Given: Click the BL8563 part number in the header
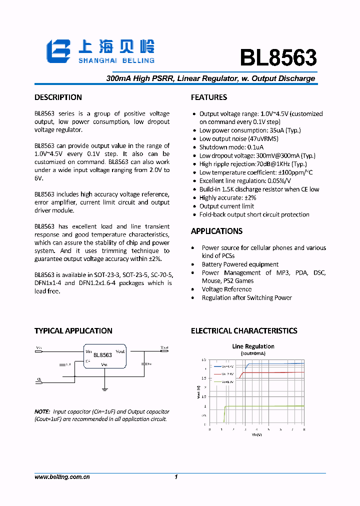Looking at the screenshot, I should (x=278, y=58).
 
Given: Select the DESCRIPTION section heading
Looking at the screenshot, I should (x=58, y=97).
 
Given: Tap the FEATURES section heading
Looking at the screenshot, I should (x=209, y=97).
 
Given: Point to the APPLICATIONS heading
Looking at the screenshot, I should (x=216, y=231).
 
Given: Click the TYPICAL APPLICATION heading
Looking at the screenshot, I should (x=73, y=331).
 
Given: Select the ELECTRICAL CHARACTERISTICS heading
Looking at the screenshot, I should (x=244, y=331).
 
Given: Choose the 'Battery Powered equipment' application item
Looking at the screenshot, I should (x=240, y=264).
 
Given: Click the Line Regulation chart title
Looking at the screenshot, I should (x=253, y=346).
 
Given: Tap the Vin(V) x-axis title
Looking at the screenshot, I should (x=256, y=434).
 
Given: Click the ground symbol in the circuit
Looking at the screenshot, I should (x=105, y=388).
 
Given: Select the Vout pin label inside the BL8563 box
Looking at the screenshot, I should (x=120, y=351).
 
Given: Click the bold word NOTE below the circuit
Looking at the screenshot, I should (x=42, y=412).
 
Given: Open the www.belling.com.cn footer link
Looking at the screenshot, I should (x=62, y=477).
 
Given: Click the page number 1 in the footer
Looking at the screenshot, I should (x=176, y=477).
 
